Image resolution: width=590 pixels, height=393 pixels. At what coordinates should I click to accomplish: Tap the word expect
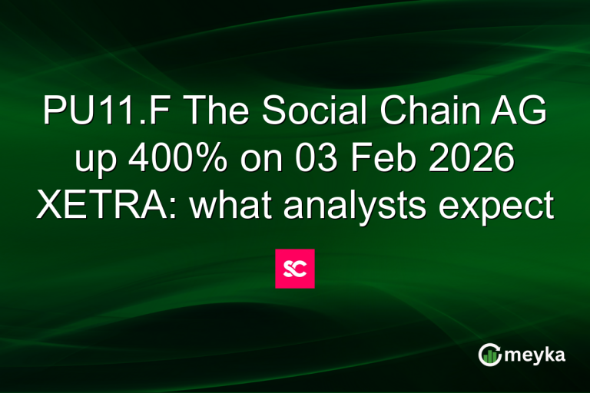point(503,206)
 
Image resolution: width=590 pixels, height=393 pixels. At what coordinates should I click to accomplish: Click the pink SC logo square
point(295,269)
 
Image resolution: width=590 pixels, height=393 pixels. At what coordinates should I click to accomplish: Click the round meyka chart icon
point(489,355)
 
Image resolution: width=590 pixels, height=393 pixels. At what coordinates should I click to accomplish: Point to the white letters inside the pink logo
point(295,269)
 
